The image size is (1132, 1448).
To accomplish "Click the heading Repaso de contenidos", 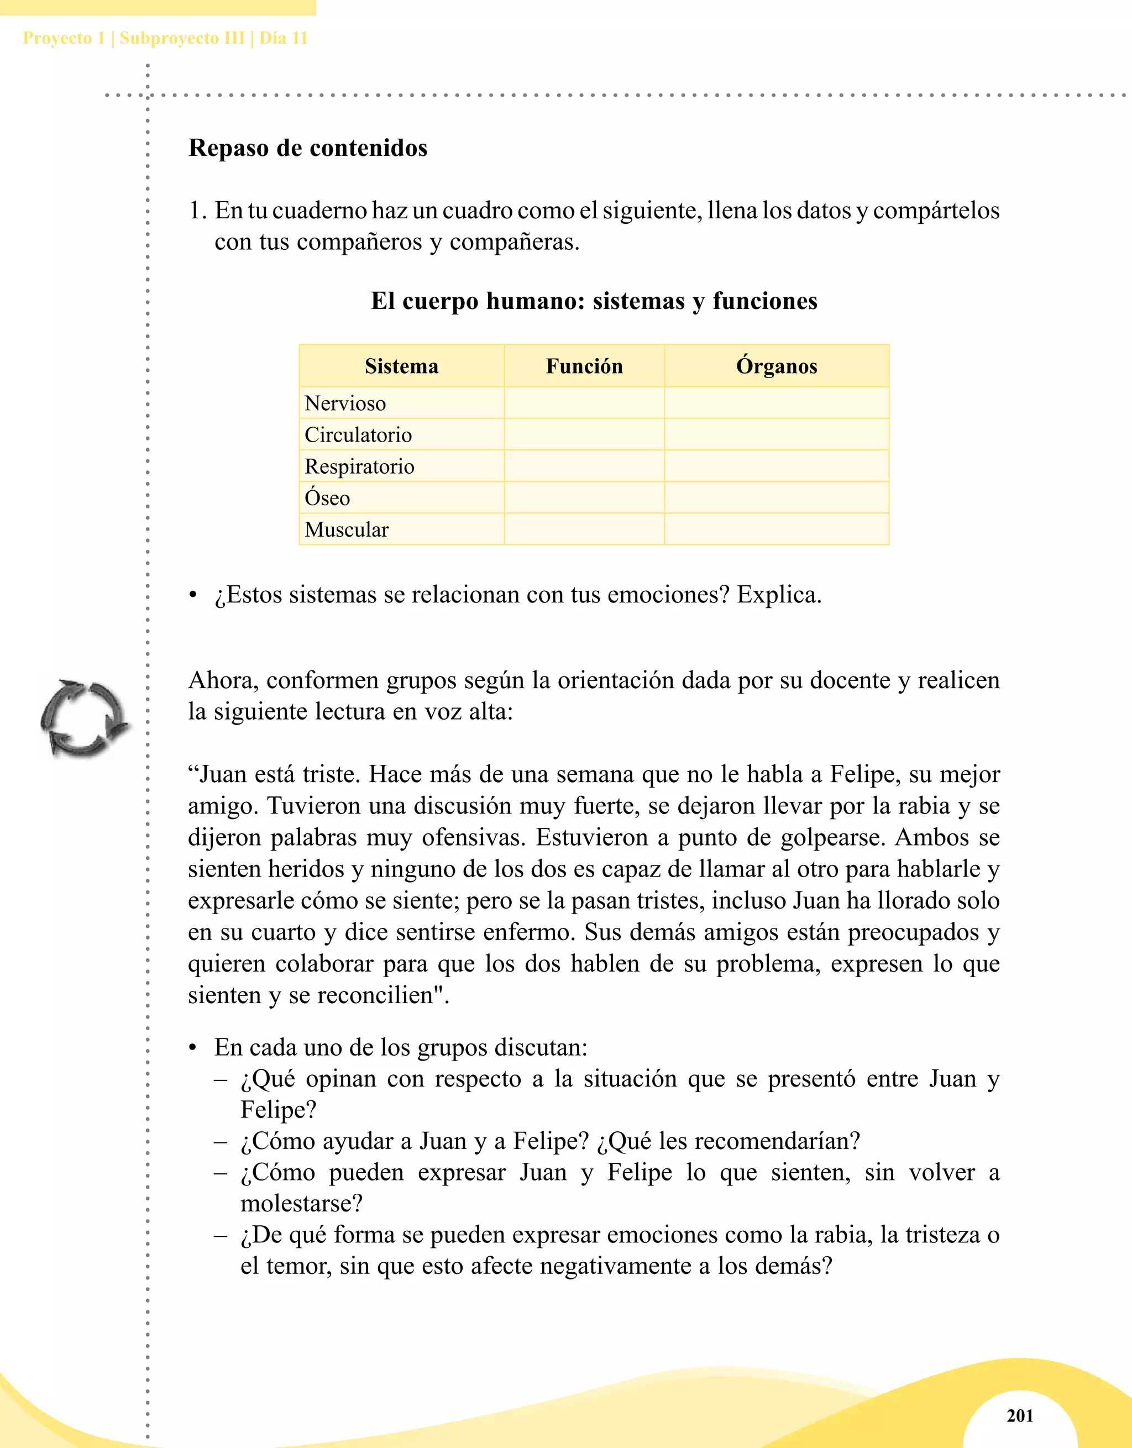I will coord(308,148).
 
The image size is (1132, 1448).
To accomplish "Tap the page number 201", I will coord(1020,1415).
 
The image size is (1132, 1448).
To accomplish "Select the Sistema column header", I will coord(401,366).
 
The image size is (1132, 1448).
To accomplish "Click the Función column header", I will coord(584,366).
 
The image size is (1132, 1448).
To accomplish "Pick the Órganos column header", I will coord(777,366).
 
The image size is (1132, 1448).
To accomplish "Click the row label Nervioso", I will coord(345,403).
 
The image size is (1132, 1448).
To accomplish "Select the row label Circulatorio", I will coord(358,435).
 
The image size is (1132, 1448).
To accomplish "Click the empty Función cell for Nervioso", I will coord(584,403).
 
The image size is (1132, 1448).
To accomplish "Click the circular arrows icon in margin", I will coord(83,718).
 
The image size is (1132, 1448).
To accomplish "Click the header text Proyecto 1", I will coord(64,39).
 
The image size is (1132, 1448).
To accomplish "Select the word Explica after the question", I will coord(779,595).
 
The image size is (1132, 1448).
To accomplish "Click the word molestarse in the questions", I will coord(301,1203).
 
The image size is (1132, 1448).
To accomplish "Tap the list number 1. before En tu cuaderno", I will coord(198,211).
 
